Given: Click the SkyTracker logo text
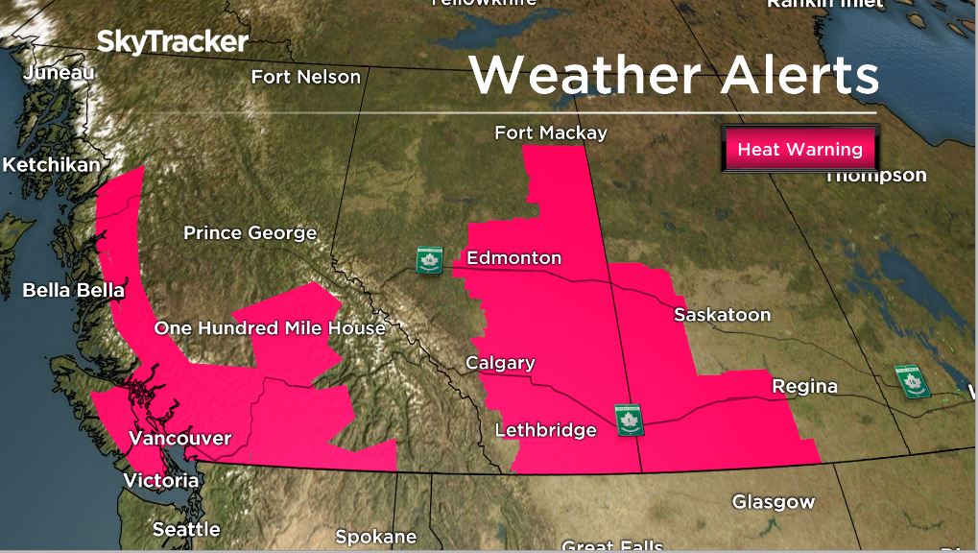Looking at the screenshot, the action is point(173,42).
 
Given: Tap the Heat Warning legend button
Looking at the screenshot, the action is point(799,150).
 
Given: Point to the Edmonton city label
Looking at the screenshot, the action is point(513,258).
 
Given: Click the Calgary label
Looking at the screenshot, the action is point(500,363).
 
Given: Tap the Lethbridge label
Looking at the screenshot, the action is point(545,430).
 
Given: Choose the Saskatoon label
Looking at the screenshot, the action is point(722,315).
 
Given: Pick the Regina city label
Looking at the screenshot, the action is point(804,386).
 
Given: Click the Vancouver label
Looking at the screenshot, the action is point(180,439).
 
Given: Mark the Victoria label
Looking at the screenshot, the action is point(161,480).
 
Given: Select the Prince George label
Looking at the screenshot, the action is point(250,233).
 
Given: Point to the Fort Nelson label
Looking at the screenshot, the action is point(306,77).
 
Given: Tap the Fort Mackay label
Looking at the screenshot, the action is point(551,133).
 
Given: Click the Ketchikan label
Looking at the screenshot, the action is point(51,165).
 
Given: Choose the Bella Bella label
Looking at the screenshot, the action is point(73,290).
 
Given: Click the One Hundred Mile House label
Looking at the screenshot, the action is point(270,328).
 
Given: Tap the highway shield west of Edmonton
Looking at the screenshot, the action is point(428,260).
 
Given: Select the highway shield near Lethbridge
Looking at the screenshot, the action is point(629,420).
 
